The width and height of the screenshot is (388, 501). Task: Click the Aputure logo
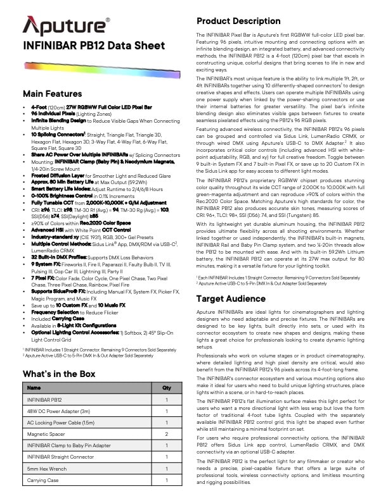(x=66, y=25)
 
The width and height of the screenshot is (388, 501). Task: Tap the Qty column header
(x=166, y=388)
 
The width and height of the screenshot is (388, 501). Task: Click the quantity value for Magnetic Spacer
(x=166, y=434)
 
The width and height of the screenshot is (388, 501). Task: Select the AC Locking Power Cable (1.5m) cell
(x=61, y=423)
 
